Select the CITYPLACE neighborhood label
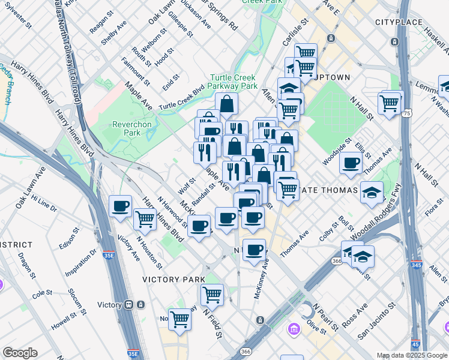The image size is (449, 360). tap(395, 22)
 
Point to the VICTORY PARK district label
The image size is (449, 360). tap(173, 280)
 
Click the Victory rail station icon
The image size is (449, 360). tap(129, 304)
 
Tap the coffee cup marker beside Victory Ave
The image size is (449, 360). tap(120, 206)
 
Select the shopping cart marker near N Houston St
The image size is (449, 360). tap(145, 220)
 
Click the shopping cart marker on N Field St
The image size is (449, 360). tap(212, 295)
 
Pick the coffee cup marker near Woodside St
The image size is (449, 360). tap(351, 162)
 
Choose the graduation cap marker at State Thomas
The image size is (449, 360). tap(372, 192)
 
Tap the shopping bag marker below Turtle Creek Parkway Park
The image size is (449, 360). tap(228, 104)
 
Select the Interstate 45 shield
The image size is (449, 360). tap(415, 344)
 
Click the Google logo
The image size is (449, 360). tap(20, 353)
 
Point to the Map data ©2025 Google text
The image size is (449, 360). tap(411, 355)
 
